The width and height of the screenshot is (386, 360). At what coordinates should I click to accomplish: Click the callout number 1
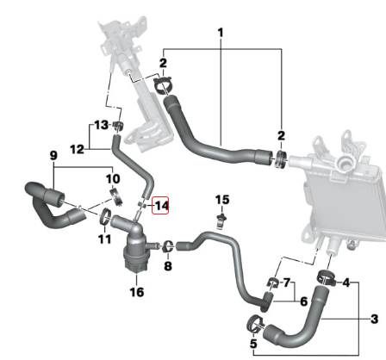[x=221, y=33]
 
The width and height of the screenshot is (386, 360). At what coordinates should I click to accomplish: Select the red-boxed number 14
[x=161, y=206]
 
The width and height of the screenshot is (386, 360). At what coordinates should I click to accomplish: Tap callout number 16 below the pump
[x=137, y=292]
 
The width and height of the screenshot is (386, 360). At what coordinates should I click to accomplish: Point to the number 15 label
[x=222, y=200]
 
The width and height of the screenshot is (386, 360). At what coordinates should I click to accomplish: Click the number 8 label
[x=168, y=266]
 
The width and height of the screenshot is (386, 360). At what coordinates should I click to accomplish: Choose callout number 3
[x=374, y=319]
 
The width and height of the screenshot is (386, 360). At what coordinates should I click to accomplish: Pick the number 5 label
[x=253, y=344]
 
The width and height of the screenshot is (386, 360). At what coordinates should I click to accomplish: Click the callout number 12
[x=77, y=149]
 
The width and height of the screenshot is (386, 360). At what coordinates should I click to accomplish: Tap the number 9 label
[x=53, y=155]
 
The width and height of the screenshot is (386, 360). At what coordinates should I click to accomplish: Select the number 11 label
[x=104, y=239]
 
